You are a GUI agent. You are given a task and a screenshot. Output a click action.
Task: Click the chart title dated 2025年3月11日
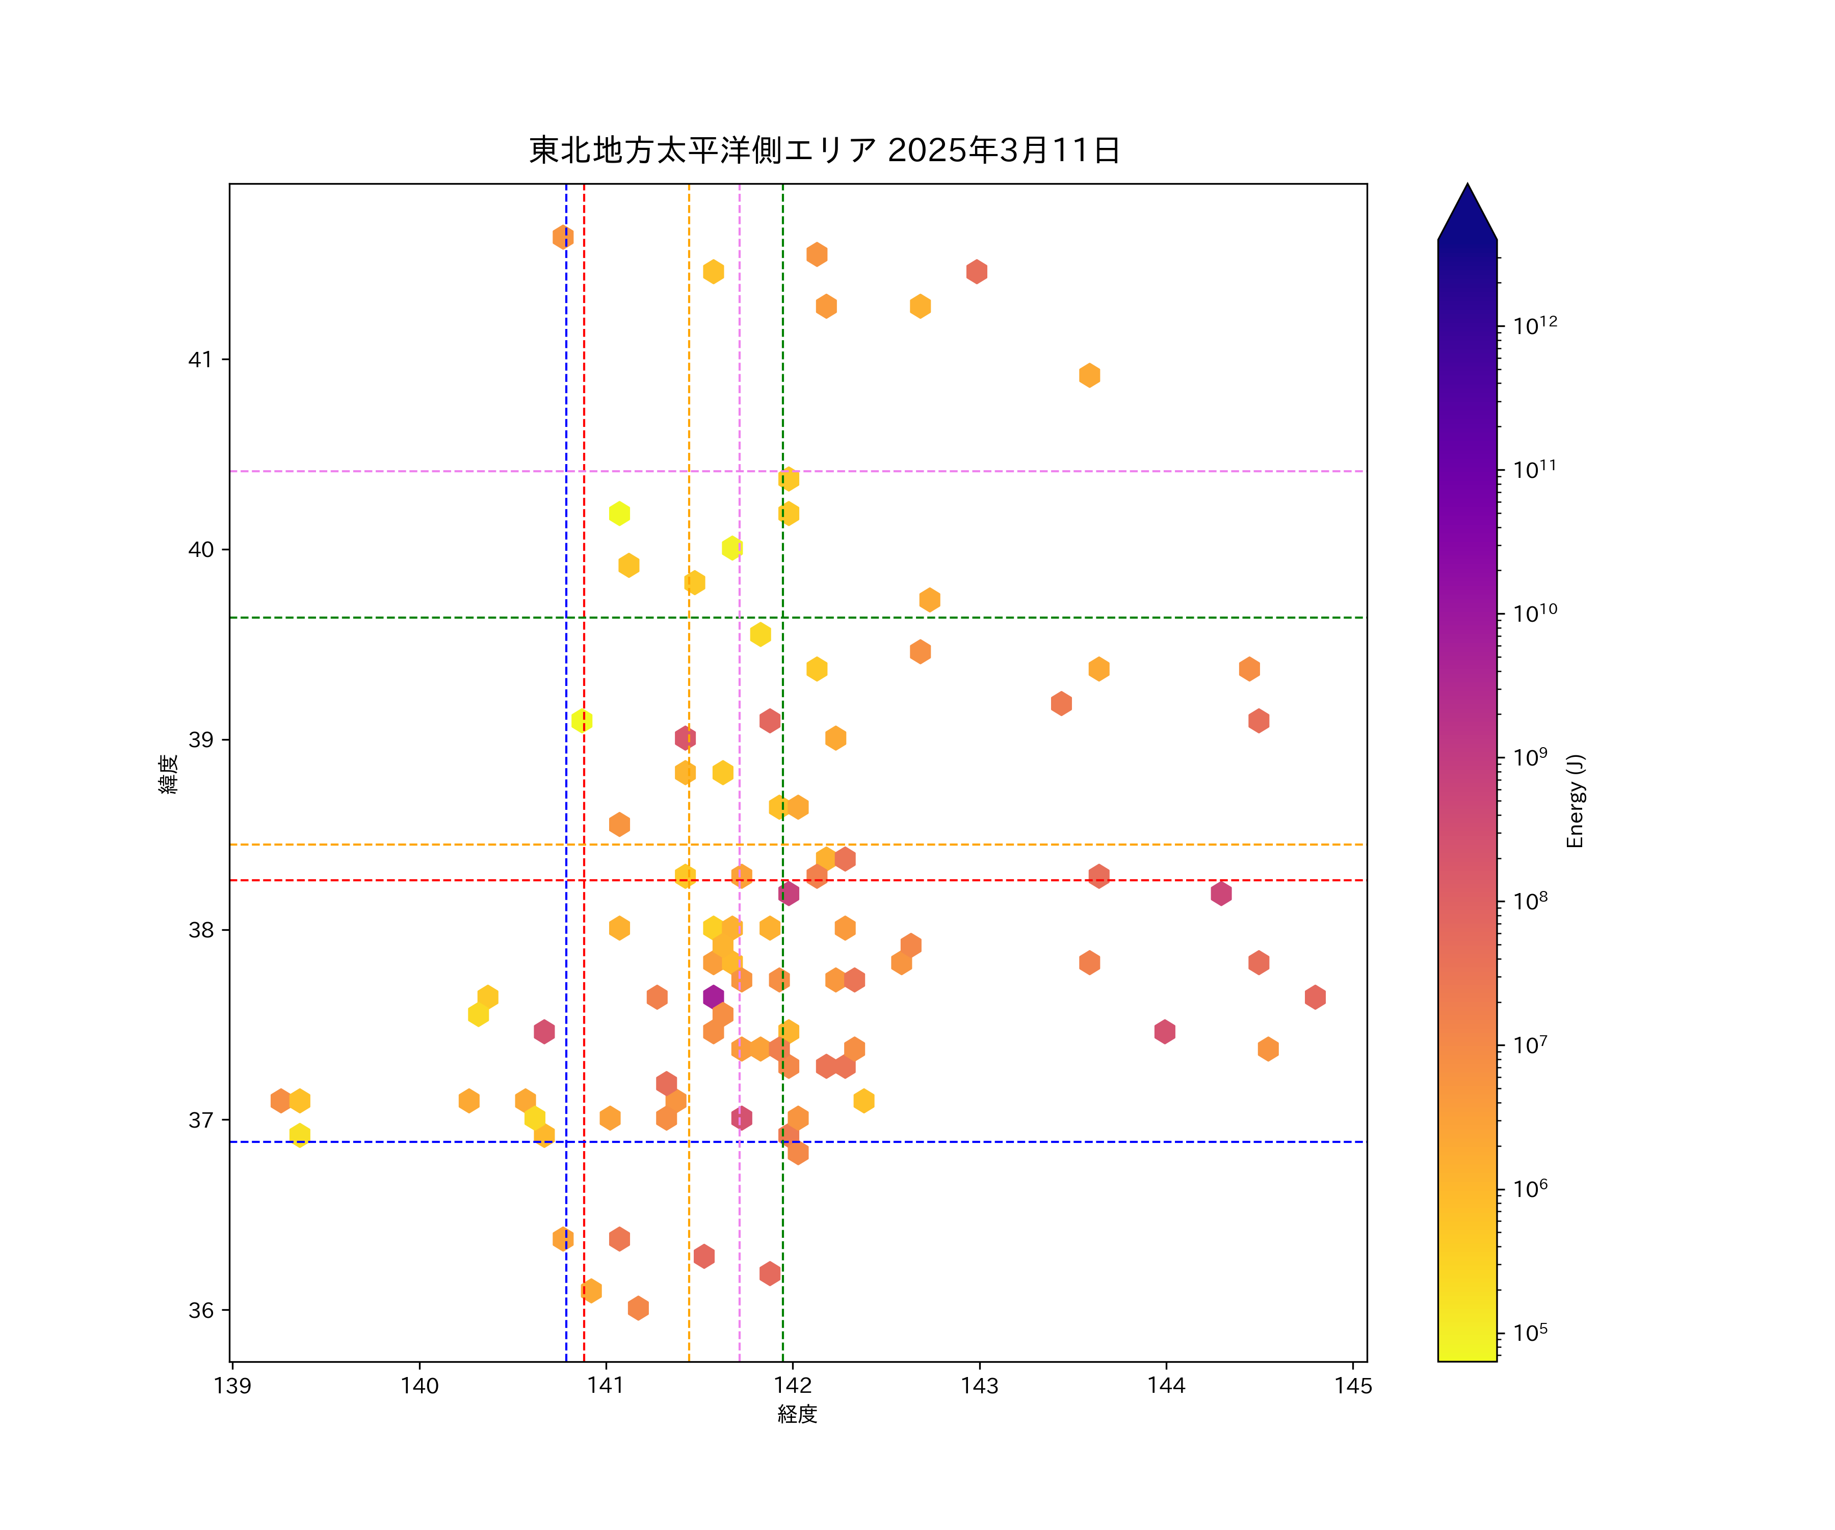click(824, 150)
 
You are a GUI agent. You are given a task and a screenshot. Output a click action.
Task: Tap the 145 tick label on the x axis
click(1353, 1386)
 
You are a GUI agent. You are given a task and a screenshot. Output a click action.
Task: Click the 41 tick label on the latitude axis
click(201, 360)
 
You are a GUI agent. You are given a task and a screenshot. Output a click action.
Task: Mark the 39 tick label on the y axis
click(201, 739)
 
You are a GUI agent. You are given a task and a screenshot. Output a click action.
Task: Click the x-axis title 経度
click(797, 1415)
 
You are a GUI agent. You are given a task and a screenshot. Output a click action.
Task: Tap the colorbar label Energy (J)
click(1575, 801)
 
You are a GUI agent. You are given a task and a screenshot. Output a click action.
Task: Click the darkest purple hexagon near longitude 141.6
click(713, 997)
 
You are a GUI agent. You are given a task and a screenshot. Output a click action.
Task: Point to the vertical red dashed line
click(584, 612)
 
